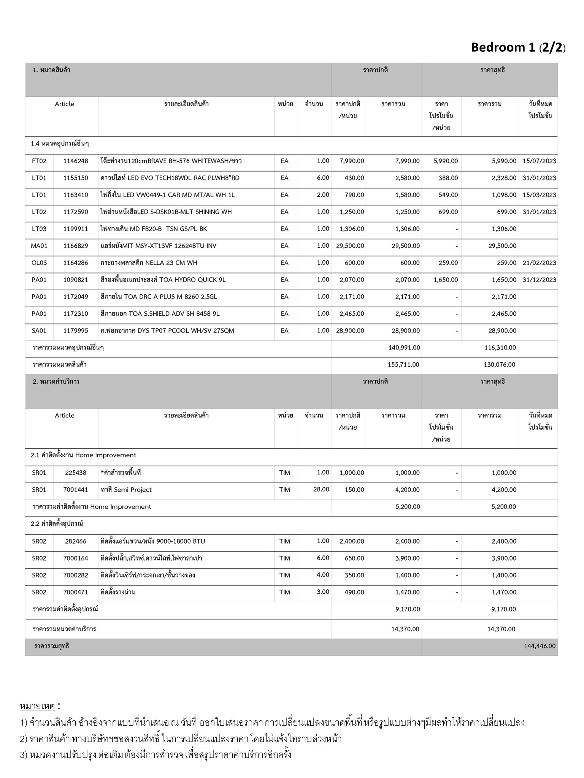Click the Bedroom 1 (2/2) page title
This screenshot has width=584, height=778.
pyautogui.click(x=518, y=47)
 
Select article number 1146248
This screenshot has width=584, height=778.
pyautogui.click(x=76, y=161)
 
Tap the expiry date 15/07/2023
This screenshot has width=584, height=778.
pyautogui.click(x=539, y=161)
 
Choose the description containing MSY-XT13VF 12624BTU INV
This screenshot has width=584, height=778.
pyautogui.click(x=159, y=246)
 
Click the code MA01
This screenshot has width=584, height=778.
pyautogui.click(x=39, y=246)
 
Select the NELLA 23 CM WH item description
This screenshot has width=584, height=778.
pyautogui.click(x=149, y=263)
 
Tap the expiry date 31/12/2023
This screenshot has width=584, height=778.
pyautogui.click(x=539, y=280)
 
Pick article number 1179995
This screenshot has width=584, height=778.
pyautogui.click(x=76, y=331)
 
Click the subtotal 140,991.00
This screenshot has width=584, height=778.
pyautogui.click(x=404, y=348)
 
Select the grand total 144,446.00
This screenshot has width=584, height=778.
pyautogui.click(x=540, y=646)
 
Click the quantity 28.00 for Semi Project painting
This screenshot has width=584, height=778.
pyautogui.click(x=321, y=489)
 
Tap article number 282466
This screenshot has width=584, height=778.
pyautogui.click(x=76, y=541)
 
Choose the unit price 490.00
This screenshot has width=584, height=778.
pyautogui.click(x=354, y=592)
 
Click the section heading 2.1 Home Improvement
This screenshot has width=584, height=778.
pyautogui.click(x=83, y=455)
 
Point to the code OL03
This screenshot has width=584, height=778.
pyautogui.click(x=39, y=263)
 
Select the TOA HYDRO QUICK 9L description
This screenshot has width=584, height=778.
pyautogui.click(x=163, y=280)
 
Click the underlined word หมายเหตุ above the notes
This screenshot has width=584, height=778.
pyautogui.click(x=37, y=706)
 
